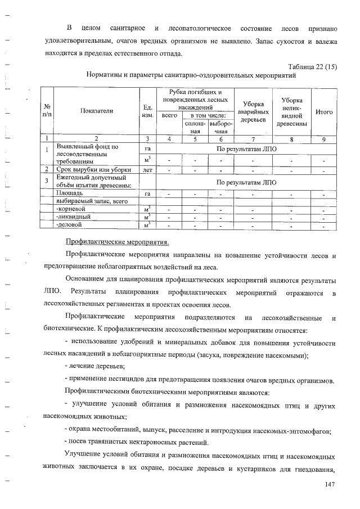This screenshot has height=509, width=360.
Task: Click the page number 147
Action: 330,485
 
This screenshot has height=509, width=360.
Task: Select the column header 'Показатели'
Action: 96,111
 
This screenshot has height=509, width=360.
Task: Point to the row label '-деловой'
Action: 69,224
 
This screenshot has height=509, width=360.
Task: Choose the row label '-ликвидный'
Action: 71,217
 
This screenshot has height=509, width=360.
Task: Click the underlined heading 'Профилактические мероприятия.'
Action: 117,242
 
